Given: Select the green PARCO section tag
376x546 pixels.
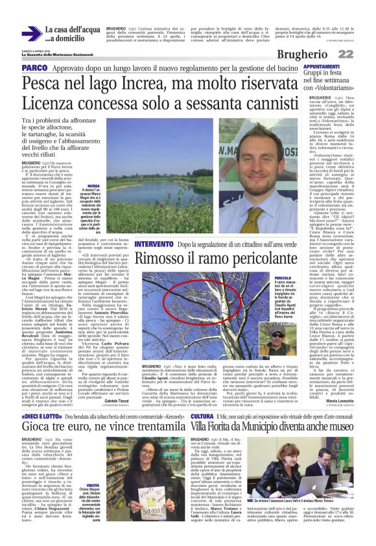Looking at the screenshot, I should [34, 67].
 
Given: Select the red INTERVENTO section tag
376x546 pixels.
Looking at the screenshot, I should [135, 226].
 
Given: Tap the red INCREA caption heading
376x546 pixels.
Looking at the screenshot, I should [93, 185].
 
